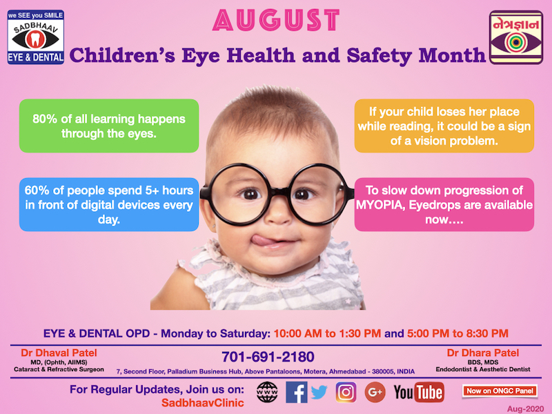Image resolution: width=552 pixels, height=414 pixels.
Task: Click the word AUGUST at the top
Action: coord(276,20)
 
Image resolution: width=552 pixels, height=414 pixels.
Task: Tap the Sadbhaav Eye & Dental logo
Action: coord(36,37)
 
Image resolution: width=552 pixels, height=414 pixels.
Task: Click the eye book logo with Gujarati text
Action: coord(515,37)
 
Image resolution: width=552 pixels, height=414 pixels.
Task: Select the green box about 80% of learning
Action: coord(109,126)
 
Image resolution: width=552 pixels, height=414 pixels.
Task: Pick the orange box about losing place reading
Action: coord(444,126)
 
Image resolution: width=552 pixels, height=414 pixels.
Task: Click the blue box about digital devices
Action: coord(109,204)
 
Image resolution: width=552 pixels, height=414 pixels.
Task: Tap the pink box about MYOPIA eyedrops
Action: coord(444,204)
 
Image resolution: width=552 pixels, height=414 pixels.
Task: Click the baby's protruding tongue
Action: coord(262,240)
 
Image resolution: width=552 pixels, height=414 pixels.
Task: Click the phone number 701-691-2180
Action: coord(268,357)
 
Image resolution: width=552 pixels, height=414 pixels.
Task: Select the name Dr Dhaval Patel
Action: coord(59,353)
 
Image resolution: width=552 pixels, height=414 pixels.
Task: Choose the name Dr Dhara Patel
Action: coord(482,353)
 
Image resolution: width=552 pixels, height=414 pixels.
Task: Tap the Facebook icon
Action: coord(296,392)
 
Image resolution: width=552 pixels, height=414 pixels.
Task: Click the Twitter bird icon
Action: coord(319,392)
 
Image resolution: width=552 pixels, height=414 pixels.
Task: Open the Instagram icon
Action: coord(346,392)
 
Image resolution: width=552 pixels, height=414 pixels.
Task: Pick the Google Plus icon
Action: coord(375,392)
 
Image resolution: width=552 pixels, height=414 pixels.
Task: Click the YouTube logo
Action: coord(419,392)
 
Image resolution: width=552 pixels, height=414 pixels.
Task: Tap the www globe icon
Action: coord(267,392)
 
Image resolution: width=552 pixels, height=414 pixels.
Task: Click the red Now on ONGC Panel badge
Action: coord(500,391)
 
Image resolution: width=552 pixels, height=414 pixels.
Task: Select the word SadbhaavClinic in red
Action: coord(202,403)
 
